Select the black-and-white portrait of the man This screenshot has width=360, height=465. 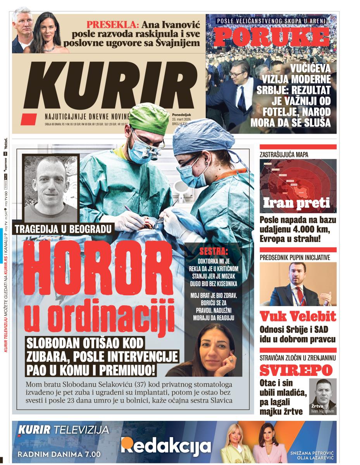tap(51, 188)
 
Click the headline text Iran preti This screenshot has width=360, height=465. tap(297, 203)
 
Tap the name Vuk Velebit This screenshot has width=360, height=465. tap(298, 317)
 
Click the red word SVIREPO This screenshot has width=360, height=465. tap(296, 370)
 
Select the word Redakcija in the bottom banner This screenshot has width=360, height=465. tap(166, 446)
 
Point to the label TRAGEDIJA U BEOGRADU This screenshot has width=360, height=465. tap(63, 229)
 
